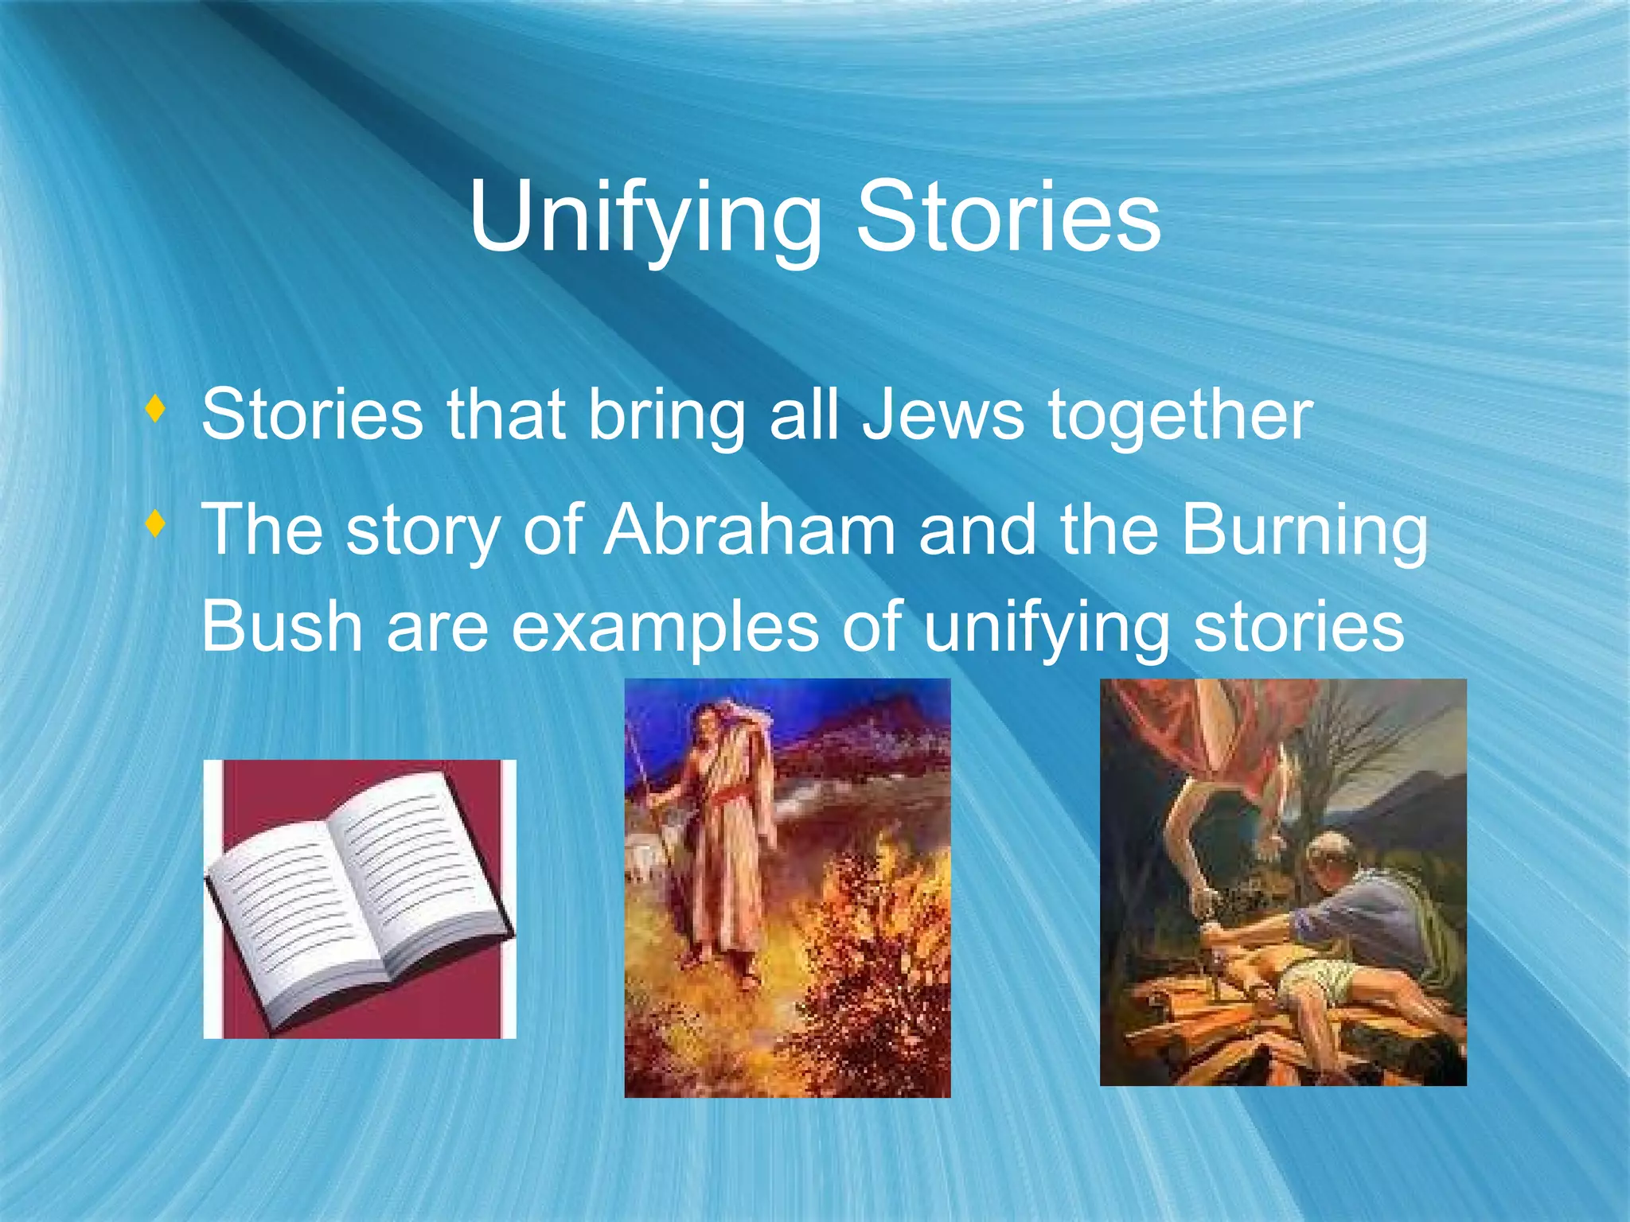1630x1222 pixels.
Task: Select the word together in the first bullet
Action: (1180, 416)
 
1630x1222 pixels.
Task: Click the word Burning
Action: (1305, 531)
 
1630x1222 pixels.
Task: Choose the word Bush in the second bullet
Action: (282, 626)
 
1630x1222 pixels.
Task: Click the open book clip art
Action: (359, 899)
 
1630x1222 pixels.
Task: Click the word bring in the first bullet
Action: (666, 416)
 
